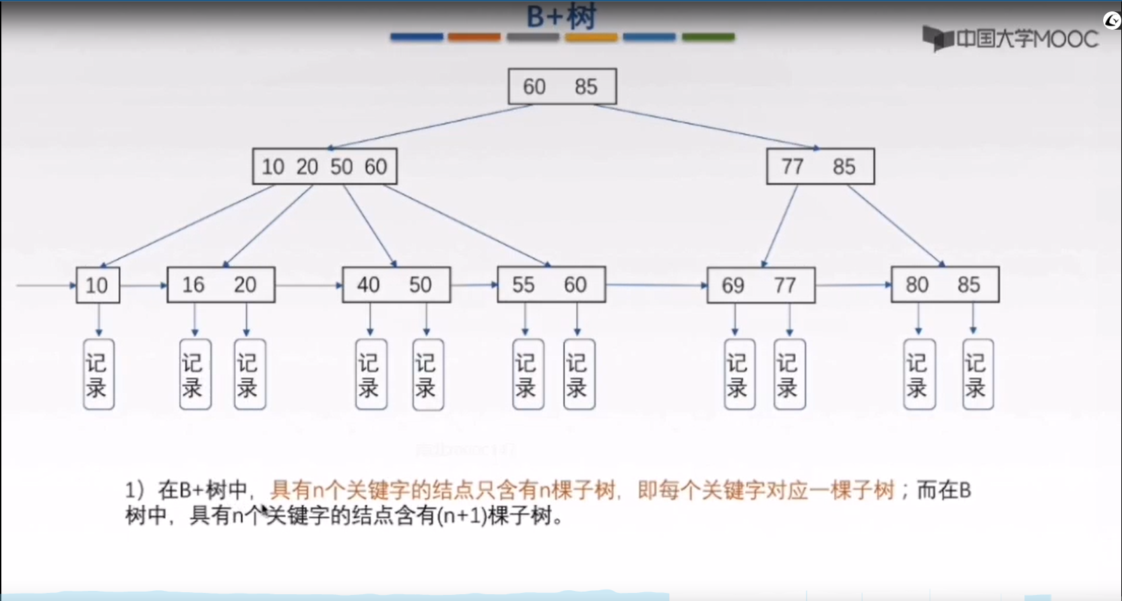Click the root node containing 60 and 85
tap(562, 86)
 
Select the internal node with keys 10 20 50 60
tap(324, 166)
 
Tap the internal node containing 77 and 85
tap(820, 166)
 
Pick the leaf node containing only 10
tap(98, 285)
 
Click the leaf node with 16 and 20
tap(220, 285)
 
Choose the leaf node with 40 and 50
tap(396, 285)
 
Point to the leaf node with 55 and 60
tap(551, 285)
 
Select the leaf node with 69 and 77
tap(761, 286)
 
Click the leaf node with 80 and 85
tap(945, 285)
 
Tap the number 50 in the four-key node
tap(342, 166)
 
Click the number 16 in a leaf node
tap(193, 285)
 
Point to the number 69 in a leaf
tap(733, 286)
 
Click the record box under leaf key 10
tap(98, 375)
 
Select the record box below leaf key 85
tap(977, 375)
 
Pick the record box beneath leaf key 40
tap(371, 375)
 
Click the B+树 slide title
tap(561, 16)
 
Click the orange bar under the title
tap(474, 37)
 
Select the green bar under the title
tap(708, 37)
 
